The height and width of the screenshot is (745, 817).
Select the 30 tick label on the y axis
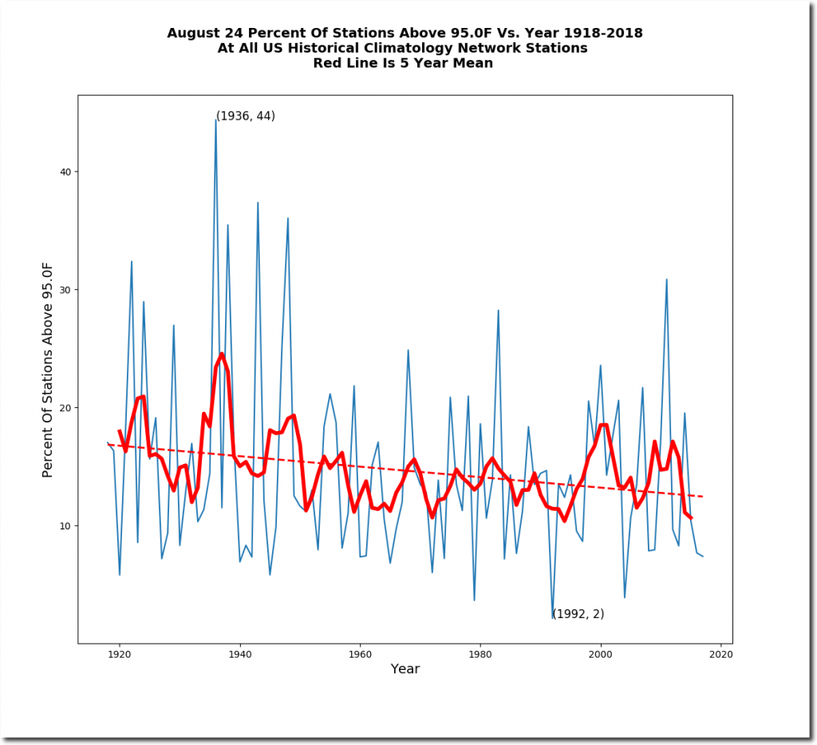coord(66,290)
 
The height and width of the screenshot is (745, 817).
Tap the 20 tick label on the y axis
coord(66,407)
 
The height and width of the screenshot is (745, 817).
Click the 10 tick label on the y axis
coord(66,525)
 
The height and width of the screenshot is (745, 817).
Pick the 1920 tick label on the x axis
coord(120,654)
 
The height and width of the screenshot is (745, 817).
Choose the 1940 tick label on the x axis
coord(239,654)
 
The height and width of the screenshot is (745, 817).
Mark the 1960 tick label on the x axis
coord(360,654)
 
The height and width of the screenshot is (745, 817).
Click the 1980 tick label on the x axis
coord(480,654)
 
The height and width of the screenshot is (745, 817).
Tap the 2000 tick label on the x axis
coord(600,654)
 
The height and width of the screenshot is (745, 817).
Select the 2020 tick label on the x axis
coord(720,654)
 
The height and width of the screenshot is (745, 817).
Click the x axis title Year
coord(405,669)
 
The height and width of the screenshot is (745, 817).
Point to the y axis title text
coord(47,369)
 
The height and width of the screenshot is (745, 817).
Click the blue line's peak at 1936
coord(215,120)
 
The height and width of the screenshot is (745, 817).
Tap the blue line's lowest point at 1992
coord(552,617)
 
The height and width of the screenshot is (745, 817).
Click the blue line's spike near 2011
coord(666,279)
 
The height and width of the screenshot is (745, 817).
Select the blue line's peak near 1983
coord(498,310)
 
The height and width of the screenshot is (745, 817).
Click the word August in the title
coord(194,33)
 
